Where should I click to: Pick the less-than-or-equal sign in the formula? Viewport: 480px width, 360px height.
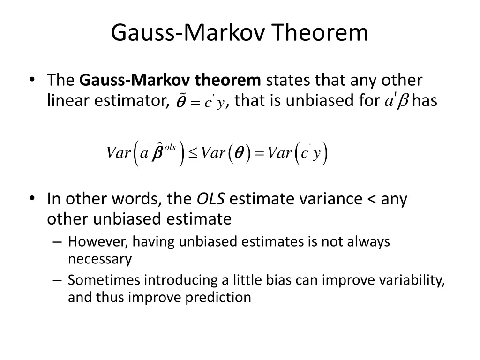point(193,153)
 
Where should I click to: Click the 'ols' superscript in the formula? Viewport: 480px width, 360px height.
point(169,147)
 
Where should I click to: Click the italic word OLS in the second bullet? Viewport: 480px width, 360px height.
point(210,199)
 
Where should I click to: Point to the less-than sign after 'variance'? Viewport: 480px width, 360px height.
point(372,199)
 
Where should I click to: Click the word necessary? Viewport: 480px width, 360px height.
point(100,259)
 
